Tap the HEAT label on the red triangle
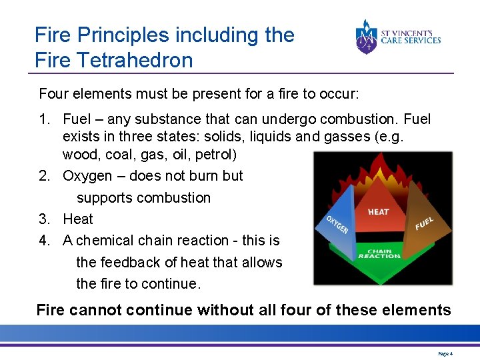click(x=379, y=211)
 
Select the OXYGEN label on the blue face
click(x=337, y=224)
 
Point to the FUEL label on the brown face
click(x=424, y=223)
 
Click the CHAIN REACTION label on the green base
click(x=379, y=253)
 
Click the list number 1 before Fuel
click(x=44, y=119)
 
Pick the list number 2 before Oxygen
click(x=44, y=176)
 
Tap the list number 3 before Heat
click(x=44, y=219)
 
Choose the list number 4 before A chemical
click(x=44, y=241)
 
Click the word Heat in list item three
click(x=78, y=219)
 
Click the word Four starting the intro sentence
click(x=53, y=93)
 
